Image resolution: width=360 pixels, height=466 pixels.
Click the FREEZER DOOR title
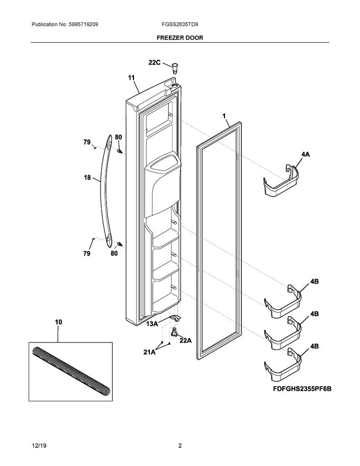pos(179,38)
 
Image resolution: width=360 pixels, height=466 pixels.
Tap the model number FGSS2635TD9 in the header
pos(180,24)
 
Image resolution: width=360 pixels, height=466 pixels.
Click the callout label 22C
pos(154,62)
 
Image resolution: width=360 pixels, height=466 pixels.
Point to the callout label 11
pos(131,78)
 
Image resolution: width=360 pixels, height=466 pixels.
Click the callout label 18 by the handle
pos(88,179)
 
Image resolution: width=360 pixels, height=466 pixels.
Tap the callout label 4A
pos(305,155)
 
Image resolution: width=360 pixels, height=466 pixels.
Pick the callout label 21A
pos(149,351)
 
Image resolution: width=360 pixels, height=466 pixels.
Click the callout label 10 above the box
pos(58,321)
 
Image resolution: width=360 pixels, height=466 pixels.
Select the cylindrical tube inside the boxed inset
pos(71,370)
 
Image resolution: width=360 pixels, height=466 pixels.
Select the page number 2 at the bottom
pos(179,446)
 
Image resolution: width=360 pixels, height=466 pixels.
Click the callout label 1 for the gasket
pos(224,115)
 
